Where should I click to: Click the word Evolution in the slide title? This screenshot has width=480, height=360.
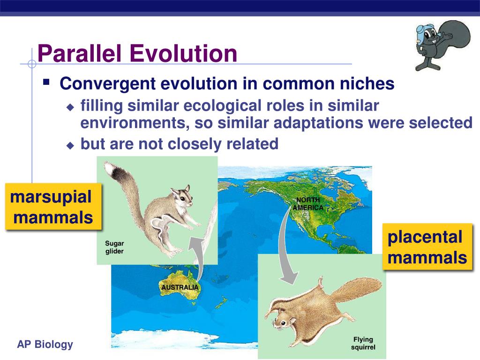pyautogui.click(x=183, y=53)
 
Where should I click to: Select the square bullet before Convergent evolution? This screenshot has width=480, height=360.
pyautogui.click(x=46, y=82)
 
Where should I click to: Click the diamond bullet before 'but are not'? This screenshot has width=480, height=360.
pyautogui.click(x=70, y=145)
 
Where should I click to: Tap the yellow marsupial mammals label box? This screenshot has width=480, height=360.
pyautogui.click(x=53, y=206)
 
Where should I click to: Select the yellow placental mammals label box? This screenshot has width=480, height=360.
pyautogui.click(x=427, y=247)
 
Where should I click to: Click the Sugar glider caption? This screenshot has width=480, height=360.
pyautogui.click(x=114, y=247)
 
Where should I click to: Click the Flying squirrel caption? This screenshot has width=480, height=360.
pyautogui.click(x=363, y=343)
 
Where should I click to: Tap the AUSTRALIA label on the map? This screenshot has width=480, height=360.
pyautogui.click(x=180, y=287)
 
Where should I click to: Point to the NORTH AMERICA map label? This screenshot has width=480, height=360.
pyautogui.click(x=308, y=203)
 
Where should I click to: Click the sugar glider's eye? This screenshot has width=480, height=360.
pyautogui.click(x=182, y=199)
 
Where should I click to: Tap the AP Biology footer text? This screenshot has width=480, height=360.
pyautogui.click(x=45, y=344)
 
